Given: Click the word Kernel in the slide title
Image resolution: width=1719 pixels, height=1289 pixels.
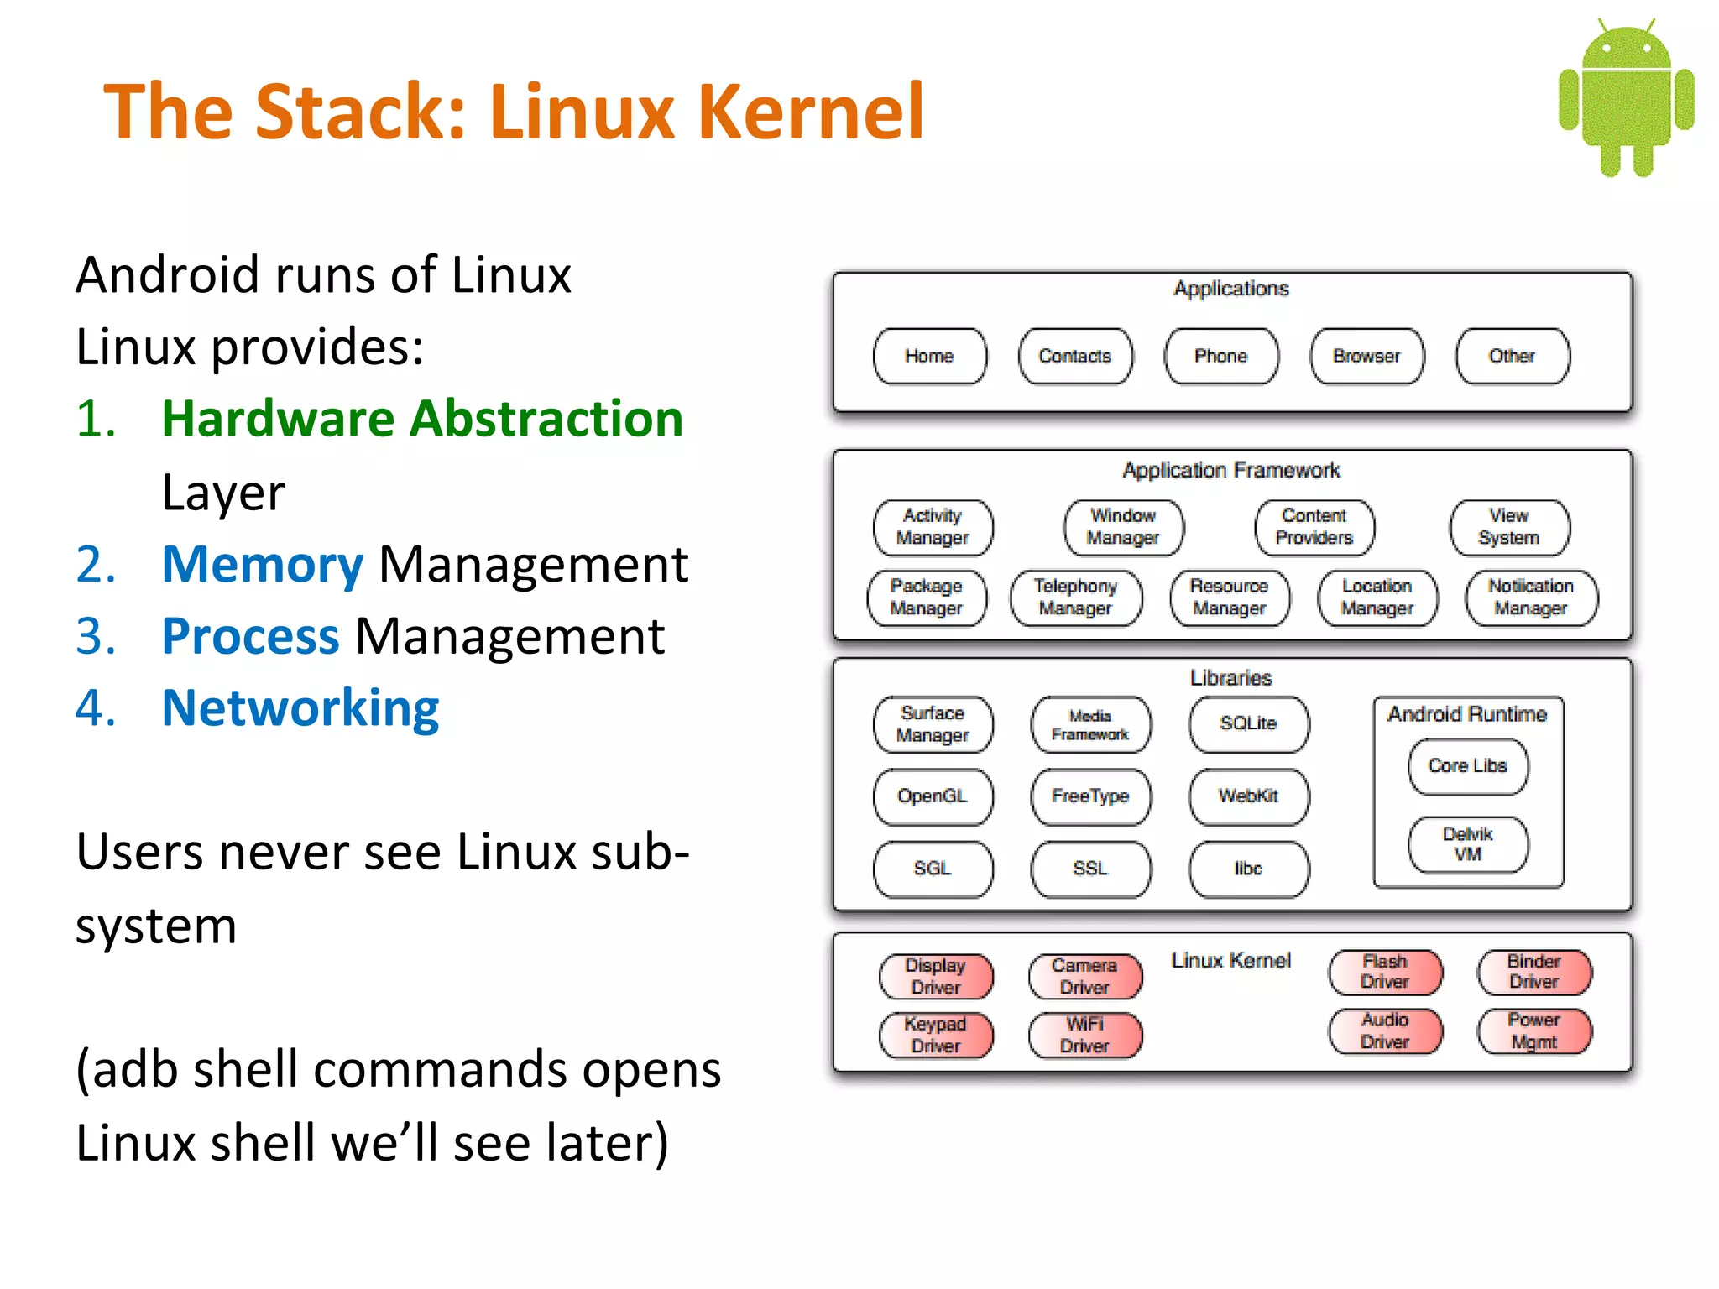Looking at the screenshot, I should (810, 112).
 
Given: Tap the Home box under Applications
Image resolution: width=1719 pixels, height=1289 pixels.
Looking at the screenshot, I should (929, 357).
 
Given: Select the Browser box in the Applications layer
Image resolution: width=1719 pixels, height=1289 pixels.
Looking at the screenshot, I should (1366, 357).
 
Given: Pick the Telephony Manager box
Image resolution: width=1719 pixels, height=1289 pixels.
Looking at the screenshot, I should (1075, 598).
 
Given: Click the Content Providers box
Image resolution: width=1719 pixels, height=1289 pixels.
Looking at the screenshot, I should (1314, 527).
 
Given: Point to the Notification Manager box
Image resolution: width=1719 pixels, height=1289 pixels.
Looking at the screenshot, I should (1531, 598).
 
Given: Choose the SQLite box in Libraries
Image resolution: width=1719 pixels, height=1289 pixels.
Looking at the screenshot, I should (1248, 723).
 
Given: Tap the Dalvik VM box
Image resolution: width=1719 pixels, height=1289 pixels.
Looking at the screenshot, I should (1467, 844).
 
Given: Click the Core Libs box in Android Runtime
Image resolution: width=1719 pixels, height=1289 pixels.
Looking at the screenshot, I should (1467, 766).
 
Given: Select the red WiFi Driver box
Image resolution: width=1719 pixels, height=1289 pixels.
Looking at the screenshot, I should (1084, 1035).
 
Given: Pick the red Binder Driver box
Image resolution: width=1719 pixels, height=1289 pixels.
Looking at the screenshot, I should (1534, 972).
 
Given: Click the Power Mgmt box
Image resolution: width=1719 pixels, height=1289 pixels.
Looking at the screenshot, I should (1534, 1031).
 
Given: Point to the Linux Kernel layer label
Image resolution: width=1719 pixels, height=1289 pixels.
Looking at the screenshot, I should (1230, 961).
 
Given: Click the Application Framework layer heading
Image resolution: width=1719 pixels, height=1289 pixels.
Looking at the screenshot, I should (1230, 471).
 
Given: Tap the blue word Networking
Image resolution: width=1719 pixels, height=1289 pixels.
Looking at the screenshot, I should (300, 708).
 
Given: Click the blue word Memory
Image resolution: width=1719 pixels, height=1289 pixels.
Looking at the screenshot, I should (262, 565).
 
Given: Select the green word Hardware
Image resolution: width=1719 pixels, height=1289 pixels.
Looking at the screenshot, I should (277, 419).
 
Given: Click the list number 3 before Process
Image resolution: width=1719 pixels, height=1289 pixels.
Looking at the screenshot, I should (95, 637).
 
